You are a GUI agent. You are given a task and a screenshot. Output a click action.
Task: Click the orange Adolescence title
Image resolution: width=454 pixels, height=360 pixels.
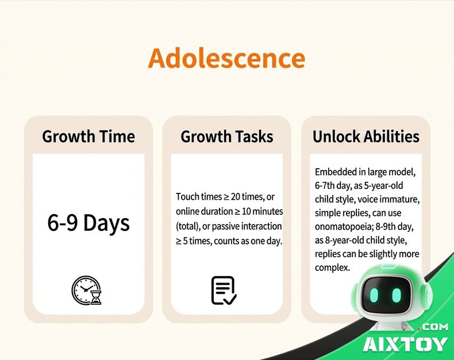pyautogui.click(x=226, y=58)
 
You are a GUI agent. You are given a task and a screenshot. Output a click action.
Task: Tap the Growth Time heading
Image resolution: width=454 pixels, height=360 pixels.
pyautogui.click(x=89, y=136)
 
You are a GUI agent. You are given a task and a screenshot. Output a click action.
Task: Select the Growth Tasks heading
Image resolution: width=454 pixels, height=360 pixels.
pyautogui.click(x=226, y=136)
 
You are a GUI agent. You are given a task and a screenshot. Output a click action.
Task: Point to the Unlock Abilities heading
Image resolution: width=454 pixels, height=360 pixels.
pyautogui.click(x=366, y=136)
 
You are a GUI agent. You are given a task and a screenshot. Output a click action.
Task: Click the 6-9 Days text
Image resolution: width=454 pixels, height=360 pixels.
pyautogui.click(x=89, y=223)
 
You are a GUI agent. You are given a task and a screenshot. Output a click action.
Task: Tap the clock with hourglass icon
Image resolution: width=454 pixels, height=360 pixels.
pyautogui.click(x=87, y=291)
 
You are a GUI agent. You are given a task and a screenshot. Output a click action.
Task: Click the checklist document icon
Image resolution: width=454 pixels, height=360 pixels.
pyautogui.click(x=224, y=291)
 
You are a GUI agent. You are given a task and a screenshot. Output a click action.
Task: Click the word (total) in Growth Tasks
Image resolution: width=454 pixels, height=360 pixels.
pyautogui.click(x=188, y=226)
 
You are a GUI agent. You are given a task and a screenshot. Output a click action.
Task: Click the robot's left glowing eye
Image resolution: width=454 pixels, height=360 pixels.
pyautogui.click(x=374, y=295)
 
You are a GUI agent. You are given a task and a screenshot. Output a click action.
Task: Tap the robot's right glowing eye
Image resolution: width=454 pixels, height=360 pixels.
pyautogui.click(x=397, y=295)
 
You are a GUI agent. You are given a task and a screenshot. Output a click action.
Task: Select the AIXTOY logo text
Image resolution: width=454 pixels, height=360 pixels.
pyautogui.click(x=405, y=344)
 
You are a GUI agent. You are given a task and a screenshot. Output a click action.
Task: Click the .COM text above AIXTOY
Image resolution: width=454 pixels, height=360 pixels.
pyautogui.click(x=433, y=327)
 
